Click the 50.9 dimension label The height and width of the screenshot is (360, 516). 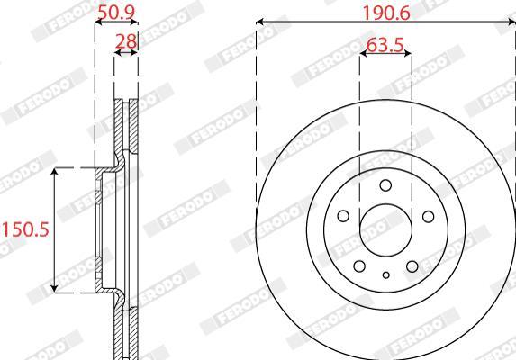click(x=116, y=13)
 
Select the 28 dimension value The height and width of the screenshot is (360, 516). click(x=126, y=41)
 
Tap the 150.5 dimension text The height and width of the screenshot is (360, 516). click(x=25, y=229)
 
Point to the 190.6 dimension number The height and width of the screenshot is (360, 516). click(x=386, y=13)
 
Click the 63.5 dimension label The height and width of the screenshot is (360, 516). click(x=385, y=45)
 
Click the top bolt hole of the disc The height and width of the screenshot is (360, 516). click(x=385, y=185)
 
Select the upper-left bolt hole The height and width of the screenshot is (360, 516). click(x=343, y=216)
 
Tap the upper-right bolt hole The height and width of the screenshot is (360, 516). click(x=428, y=216)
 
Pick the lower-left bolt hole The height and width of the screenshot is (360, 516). click(x=359, y=266)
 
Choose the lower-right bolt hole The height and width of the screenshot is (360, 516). click(x=412, y=266)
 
